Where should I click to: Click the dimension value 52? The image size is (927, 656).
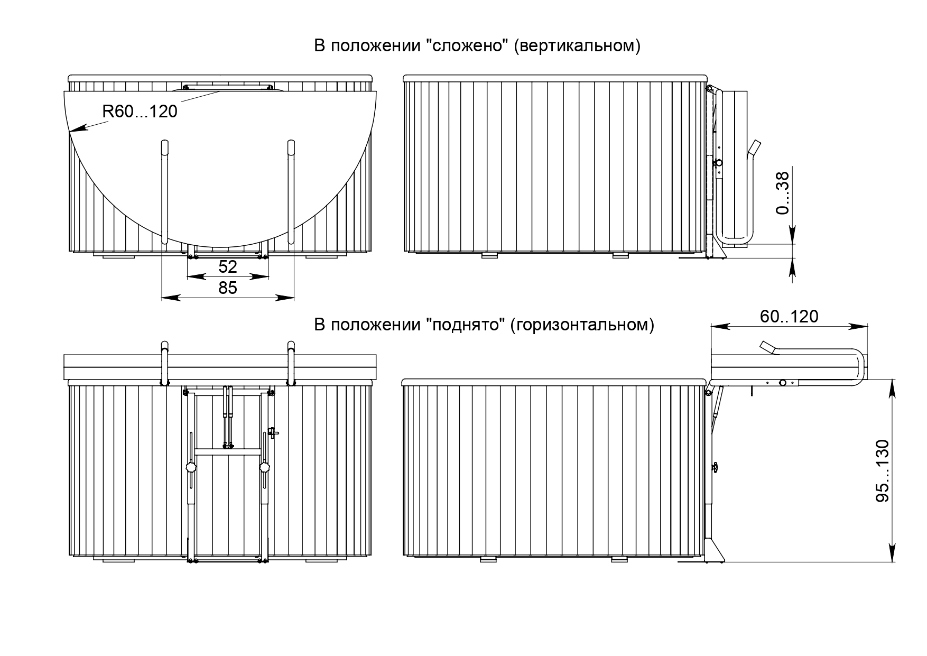[228, 266]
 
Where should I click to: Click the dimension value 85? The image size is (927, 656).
[228, 288]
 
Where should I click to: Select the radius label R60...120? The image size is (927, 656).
[140, 112]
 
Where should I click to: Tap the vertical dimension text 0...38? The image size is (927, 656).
[783, 193]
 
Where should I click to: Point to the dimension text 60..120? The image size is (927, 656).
[789, 316]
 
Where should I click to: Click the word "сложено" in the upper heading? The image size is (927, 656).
[467, 46]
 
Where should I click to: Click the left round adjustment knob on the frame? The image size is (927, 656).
[191, 468]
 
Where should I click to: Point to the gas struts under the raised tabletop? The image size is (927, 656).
[228, 417]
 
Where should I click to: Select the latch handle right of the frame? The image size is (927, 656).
[273, 432]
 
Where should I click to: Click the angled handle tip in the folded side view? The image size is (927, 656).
[756, 145]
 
